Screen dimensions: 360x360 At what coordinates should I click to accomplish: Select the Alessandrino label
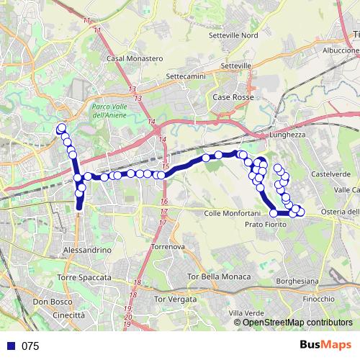coord(85,250)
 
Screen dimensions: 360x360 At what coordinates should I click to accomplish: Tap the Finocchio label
coord(318,298)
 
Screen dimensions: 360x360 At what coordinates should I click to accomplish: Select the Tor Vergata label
coord(176,299)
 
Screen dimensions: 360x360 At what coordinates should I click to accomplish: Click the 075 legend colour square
coord(11,346)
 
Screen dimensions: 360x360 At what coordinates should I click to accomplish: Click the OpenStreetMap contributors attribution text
coord(297,323)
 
